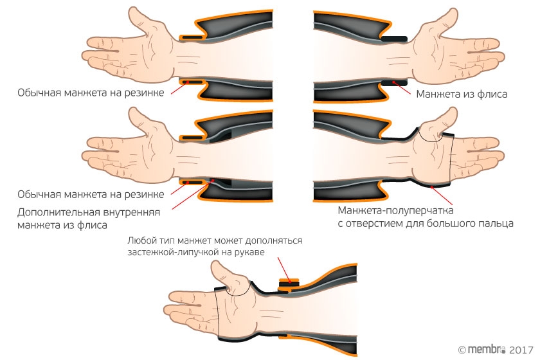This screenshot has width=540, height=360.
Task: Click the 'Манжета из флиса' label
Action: coord(462,94)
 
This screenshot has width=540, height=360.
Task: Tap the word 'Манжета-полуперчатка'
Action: coord(395,210)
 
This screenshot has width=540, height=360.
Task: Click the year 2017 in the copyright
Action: coord(521,350)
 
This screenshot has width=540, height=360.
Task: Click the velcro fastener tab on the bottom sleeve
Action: coord(289,284)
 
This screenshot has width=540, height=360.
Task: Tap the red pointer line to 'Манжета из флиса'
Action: coord(402,88)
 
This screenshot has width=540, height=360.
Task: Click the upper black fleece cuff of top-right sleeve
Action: coord(394,39)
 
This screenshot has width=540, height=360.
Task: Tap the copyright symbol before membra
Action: coord(462,350)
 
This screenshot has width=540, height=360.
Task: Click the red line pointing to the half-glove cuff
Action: coord(442,195)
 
